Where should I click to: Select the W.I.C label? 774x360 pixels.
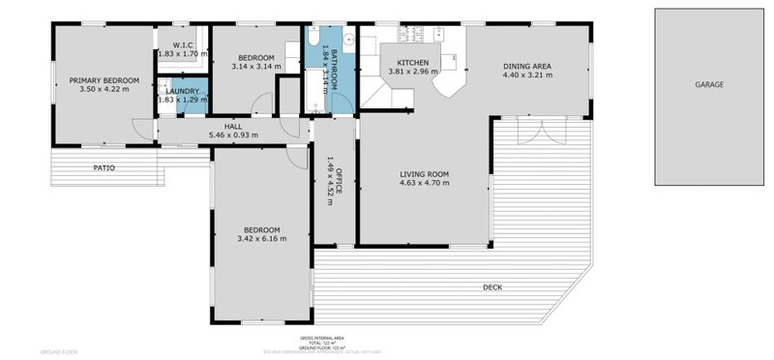(x=183, y=45)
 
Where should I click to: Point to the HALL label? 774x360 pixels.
(x=233, y=126)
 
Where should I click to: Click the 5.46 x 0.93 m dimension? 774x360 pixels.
(x=233, y=135)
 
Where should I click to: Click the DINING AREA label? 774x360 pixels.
(x=527, y=65)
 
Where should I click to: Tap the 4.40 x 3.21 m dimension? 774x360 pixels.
(x=527, y=75)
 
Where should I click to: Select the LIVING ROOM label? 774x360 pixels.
(x=425, y=174)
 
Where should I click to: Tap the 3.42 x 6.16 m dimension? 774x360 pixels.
(x=261, y=238)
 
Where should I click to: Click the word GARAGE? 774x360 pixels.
(x=708, y=85)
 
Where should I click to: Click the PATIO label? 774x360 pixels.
(x=104, y=167)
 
